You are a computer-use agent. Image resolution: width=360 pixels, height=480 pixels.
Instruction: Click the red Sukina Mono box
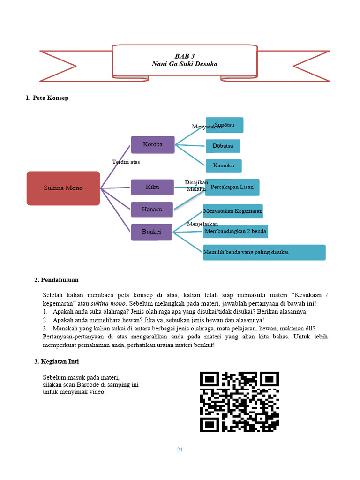point(63,188)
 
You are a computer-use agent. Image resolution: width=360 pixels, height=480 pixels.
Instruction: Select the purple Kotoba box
point(153,144)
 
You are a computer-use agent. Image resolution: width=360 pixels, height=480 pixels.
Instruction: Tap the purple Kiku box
point(152,187)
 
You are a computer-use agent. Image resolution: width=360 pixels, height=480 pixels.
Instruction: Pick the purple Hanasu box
point(152,209)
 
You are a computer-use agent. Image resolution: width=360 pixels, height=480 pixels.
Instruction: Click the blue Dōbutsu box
point(223,146)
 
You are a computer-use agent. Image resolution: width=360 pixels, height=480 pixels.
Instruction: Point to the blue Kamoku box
point(224,165)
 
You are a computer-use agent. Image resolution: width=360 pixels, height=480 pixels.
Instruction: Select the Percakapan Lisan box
point(232,187)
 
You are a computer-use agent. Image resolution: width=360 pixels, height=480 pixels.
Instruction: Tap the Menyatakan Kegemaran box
point(233,211)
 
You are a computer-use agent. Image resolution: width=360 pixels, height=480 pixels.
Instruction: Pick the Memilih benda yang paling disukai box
point(264,252)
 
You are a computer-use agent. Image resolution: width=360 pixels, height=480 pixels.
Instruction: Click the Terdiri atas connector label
point(126,162)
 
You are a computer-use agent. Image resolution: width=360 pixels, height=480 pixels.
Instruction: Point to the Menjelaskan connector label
point(202,224)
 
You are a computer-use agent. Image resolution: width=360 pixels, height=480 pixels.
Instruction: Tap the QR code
point(240,401)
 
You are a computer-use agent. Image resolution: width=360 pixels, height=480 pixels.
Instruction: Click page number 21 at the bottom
point(180,450)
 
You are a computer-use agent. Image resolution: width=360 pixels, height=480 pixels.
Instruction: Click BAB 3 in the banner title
point(184,56)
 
